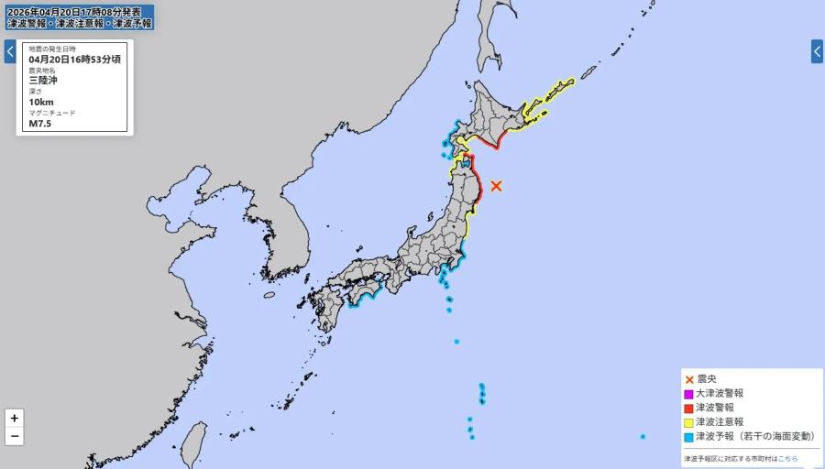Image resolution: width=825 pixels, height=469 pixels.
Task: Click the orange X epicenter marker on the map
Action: [496, 186]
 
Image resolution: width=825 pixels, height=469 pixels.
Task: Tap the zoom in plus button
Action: [14, 418]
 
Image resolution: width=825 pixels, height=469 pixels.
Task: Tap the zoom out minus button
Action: [14, 437]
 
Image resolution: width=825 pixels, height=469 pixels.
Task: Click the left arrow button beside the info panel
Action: [9, 51]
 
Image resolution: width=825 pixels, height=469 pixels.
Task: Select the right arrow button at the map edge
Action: [817, 51]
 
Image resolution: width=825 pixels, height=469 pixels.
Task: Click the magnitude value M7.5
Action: [40, 124]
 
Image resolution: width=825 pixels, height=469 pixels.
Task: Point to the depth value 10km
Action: [41, 102]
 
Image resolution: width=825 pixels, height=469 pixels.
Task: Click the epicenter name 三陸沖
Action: [43, 81]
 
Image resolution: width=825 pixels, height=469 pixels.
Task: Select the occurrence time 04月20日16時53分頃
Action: [74, 59]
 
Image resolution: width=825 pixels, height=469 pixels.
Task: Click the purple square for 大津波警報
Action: [688, 393]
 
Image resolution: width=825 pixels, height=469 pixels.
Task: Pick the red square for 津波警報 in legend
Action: [688, 408]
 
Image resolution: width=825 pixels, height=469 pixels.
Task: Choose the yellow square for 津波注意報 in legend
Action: [688, 422]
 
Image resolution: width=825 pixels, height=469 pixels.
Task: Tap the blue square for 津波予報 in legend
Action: [688, 437]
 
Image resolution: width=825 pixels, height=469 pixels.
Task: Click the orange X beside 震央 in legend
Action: [688, 378]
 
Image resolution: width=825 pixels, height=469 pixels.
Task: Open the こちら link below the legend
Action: [788, 458]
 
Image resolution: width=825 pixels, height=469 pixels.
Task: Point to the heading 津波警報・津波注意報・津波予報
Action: [79, 23]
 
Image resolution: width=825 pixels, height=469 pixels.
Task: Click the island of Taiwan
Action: [192, 444]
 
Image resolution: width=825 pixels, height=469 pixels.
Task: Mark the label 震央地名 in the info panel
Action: [41, 70]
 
